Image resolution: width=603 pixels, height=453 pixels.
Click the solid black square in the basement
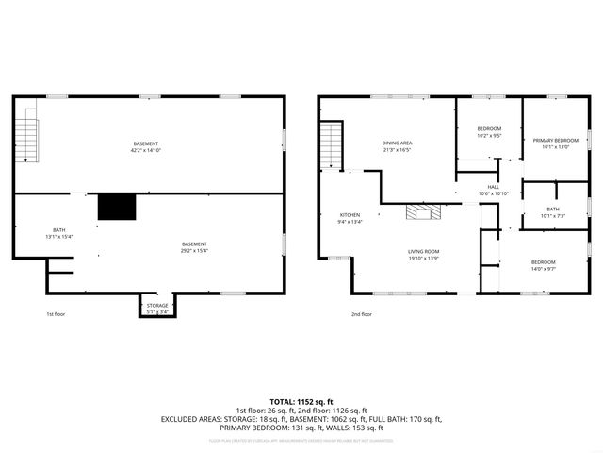(118, 207)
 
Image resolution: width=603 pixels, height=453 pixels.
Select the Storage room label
(157, 305)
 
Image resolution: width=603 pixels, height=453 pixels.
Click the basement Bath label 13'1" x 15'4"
(58, 230)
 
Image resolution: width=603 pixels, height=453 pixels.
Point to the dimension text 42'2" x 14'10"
(146, 149)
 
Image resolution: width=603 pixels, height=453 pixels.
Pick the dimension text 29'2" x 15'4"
(195, 250)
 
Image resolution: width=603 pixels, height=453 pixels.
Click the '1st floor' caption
(57, 314)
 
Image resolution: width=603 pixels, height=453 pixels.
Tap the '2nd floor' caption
(362, 314)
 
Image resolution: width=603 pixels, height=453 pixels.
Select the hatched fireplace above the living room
(422, 211)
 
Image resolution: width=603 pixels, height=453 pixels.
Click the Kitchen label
(350, 215)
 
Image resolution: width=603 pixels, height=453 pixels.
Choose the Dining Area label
(397, 143)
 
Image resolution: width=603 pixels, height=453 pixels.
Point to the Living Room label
(423, 251)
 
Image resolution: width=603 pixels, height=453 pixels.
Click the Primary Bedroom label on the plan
(555, 140)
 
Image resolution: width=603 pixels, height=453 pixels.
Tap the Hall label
(493, 187)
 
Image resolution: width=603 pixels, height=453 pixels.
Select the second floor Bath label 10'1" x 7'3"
(552, 210)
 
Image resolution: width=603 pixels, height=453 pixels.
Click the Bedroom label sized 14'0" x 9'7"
(543, 261)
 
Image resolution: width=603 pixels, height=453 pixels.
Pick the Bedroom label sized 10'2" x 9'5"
(488, 128)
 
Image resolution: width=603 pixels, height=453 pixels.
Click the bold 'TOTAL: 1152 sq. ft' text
(301, 400)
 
